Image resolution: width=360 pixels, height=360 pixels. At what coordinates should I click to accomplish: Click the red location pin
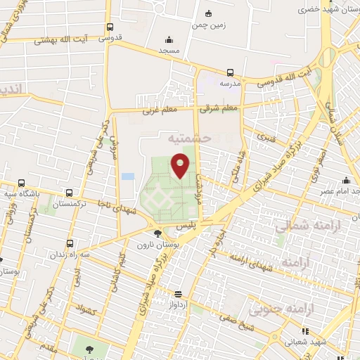point(181,165)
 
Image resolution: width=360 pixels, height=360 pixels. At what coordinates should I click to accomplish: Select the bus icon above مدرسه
point(231,72)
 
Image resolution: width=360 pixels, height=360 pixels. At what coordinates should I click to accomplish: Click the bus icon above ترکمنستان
point(68,192)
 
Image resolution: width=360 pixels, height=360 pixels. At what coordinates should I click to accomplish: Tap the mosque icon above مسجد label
point(169,39)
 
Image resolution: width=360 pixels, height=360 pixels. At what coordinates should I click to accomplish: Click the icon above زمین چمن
point(208,13)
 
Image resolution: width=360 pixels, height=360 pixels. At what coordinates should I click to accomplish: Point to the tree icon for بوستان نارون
point(157,233)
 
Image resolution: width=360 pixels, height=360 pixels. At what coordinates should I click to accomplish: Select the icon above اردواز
point(178,293)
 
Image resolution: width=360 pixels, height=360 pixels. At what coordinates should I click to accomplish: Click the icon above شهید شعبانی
point(304,330)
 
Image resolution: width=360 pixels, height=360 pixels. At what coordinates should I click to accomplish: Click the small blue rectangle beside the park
point(128,176)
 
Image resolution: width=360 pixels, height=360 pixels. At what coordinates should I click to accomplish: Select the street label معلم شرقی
point(219,108)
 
